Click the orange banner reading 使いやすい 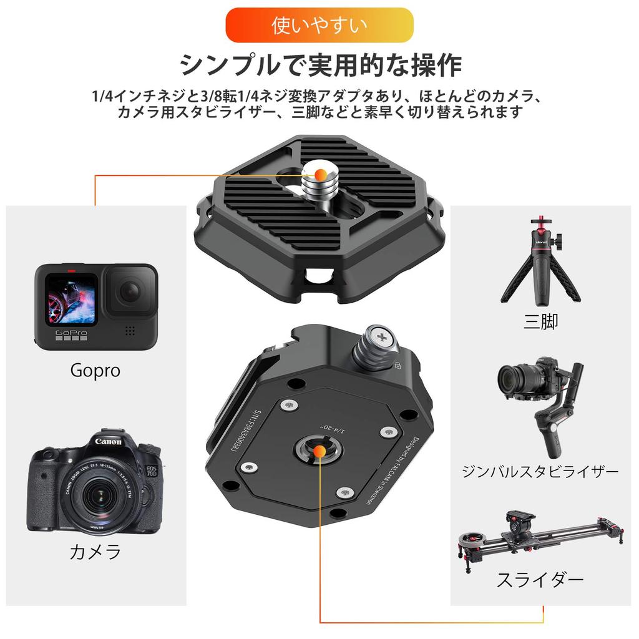319,25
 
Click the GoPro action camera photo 95,306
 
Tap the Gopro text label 95,371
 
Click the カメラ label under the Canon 95,552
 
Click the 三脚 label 540,322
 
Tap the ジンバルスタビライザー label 540,471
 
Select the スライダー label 540,580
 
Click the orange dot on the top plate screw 319,174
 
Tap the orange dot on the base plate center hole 319,449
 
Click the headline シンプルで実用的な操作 319,65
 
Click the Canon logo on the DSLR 108,442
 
